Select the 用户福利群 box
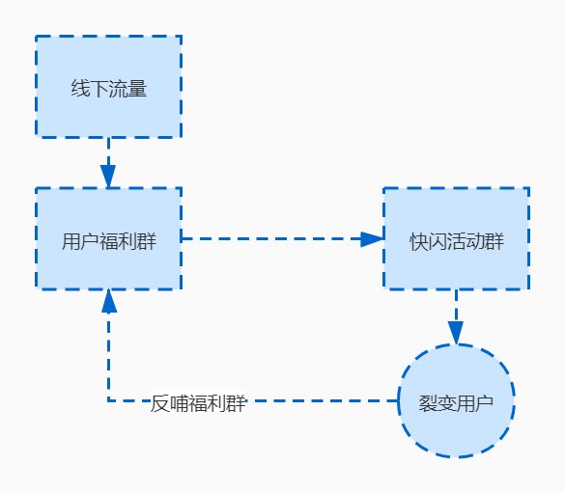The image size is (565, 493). (108, 238)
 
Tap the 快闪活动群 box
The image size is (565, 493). (456, 238)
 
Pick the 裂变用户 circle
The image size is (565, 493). (457, 400)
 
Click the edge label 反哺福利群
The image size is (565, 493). (199, 404)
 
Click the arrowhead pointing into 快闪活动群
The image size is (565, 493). (371, 238)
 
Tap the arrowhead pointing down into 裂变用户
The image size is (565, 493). (456, 330)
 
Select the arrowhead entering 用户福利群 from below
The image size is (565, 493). (108, 301)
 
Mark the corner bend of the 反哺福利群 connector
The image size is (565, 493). (108, 400)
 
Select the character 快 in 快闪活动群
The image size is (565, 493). (418, 240)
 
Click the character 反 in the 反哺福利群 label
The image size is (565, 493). (160, 404)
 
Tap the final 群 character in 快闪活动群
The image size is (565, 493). (494, 240)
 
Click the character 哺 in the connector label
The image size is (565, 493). (180, 404)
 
